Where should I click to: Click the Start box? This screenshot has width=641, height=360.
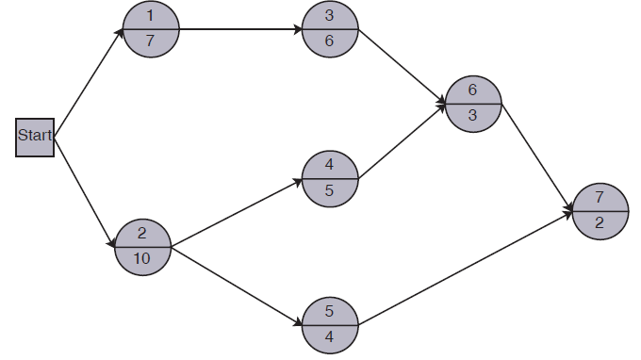tap(35, 139)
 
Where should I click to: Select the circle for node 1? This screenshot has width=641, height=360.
tap(151, 28)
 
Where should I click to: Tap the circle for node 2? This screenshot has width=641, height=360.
tap(142, 245)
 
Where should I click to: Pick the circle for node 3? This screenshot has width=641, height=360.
tap(330, 28)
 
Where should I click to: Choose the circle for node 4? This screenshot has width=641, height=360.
tap(330, 177)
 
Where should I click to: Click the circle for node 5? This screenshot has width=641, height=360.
tap(330, 322)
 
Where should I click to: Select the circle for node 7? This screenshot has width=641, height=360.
tap(600, 211)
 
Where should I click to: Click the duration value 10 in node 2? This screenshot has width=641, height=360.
tap(142, 257)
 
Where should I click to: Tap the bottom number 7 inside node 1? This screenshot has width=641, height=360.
tap(151, 41)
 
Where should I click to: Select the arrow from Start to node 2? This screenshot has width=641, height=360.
tap(85, 192)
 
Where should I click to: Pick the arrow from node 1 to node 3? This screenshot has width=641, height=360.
tap(240, 28)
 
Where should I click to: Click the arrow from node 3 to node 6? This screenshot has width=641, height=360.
tap(402, 65)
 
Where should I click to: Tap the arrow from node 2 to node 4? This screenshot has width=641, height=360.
tap(236, 211)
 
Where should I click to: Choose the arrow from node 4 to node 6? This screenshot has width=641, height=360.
tap(402, 140)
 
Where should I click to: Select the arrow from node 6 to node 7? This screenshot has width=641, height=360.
tap(536, 156)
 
